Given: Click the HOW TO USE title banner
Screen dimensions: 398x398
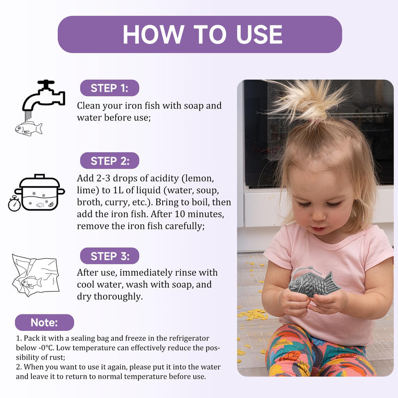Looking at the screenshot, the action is (x=200, y=34).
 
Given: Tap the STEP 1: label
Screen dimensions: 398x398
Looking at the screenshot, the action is (x=109, y=88).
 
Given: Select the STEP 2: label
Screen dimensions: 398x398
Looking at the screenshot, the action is (x=109, y=161).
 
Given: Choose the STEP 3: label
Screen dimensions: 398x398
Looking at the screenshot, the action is (x=109, y=256).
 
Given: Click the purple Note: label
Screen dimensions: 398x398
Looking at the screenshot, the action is (x=44, y=322).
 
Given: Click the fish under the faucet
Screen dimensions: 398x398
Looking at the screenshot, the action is (x=28, y=128).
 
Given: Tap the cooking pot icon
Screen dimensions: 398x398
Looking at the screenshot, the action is (x=40, y=192).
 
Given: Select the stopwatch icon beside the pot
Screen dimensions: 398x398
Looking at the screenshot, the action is (x=14, y=204).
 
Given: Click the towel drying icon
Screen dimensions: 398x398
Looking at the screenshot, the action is (x=35, y=275).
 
